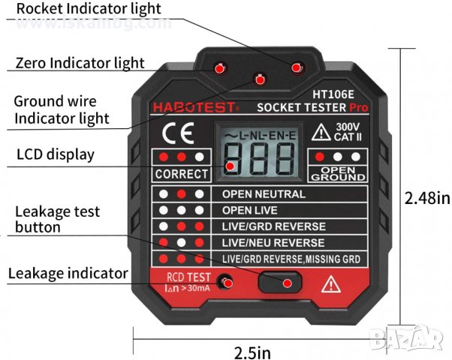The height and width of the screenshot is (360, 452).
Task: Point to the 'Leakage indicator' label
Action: tap(68, 273)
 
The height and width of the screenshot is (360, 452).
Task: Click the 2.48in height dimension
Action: tap(427, 198)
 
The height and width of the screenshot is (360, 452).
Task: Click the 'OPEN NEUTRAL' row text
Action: tap(263, 193)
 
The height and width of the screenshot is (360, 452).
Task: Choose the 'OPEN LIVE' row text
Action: tap(250, 210)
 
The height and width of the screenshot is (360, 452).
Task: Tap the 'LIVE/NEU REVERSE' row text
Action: tap(273, 243)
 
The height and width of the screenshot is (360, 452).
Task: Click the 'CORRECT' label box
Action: tap(181, 174)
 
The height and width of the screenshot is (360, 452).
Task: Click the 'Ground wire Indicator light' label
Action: tap(62, 109)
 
